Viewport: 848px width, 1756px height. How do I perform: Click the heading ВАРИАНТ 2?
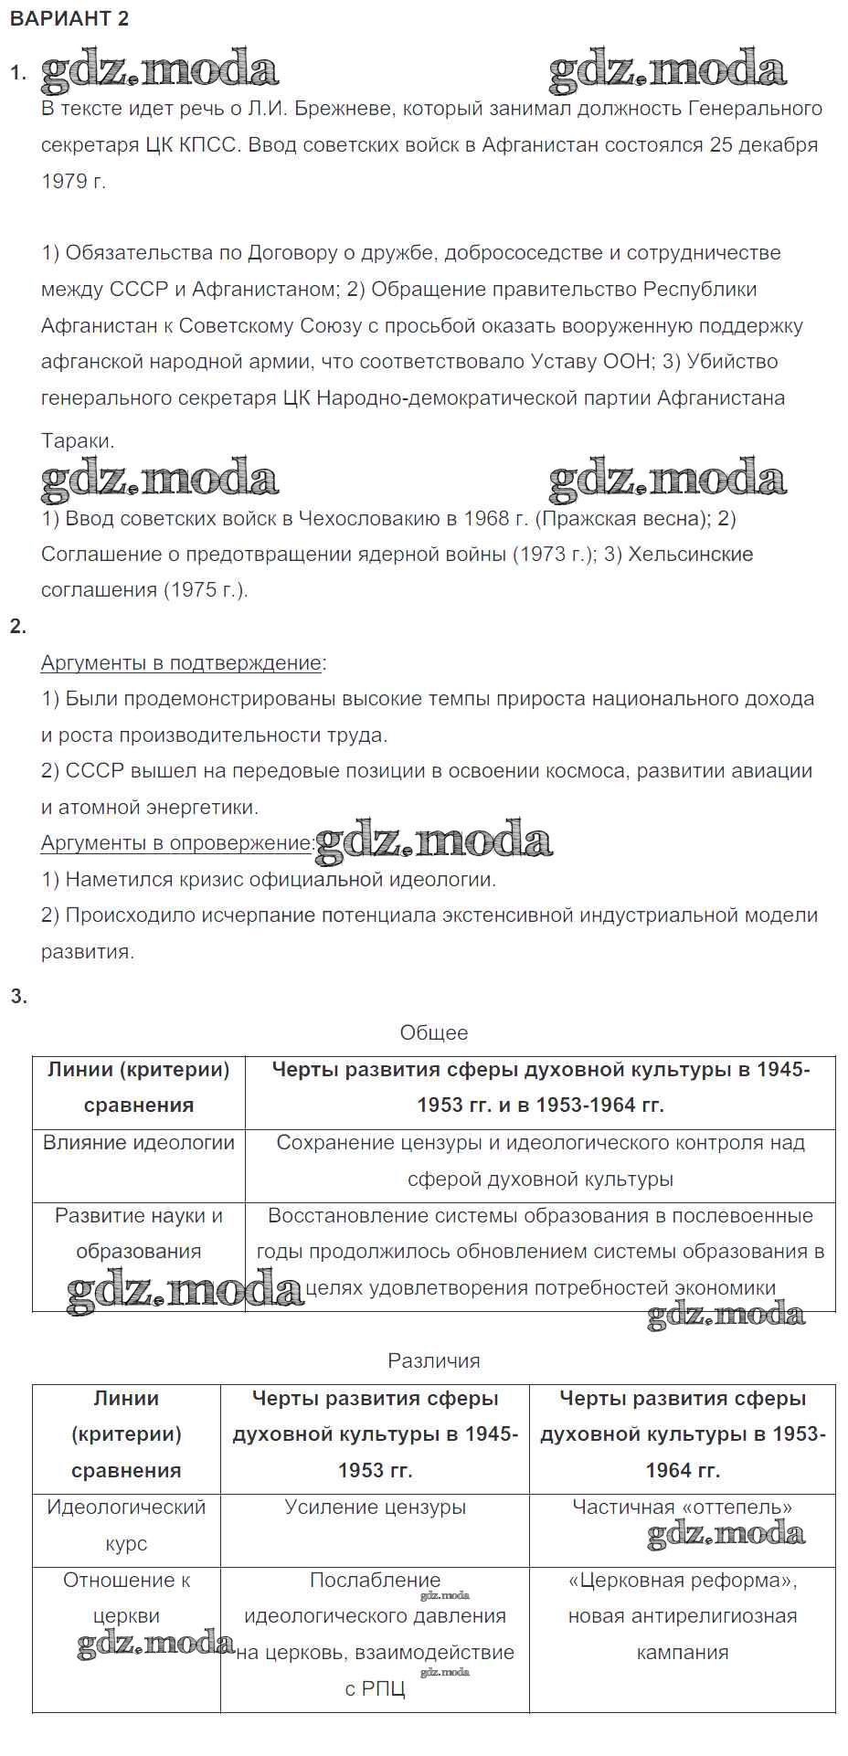point(69,19)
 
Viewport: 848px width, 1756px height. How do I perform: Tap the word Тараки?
point(78,441)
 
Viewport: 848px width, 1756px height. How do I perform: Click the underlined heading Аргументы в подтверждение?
point(181,663)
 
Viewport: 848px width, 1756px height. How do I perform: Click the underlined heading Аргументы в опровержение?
point(176,843)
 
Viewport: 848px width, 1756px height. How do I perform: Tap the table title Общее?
point(433,1033)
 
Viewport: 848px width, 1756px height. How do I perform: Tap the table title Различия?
point(433,1361)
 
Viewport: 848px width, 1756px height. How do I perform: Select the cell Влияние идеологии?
point(139,1143)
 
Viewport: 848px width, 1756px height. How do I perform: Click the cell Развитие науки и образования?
point(139,1233)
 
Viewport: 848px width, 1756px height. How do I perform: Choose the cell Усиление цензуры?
point(375,1507)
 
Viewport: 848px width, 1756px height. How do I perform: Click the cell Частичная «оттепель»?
point(682,1507)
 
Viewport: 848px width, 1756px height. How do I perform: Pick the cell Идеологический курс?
point(126,1526)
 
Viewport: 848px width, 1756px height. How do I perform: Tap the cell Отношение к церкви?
point(126,1598)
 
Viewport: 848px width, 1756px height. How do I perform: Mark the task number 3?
point(18,997)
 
